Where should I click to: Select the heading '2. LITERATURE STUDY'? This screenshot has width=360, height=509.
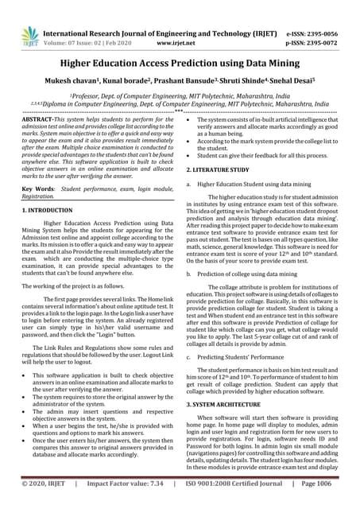[219, 170]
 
